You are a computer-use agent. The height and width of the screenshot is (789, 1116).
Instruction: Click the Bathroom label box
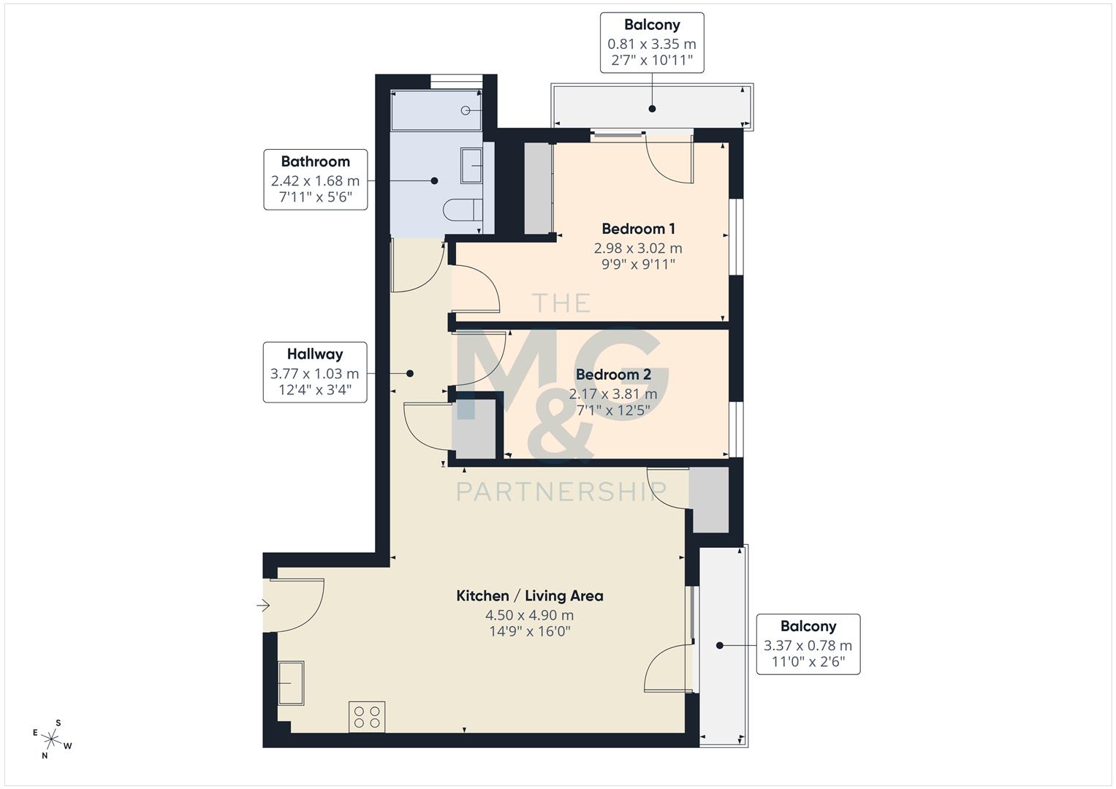tap(315, 180)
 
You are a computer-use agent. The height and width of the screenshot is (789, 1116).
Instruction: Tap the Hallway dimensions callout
tap(314, 373)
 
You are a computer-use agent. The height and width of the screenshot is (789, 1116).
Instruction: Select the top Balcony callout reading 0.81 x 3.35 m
tap(652, 42)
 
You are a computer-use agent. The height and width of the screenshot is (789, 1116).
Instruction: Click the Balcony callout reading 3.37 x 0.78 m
tap(808, 644)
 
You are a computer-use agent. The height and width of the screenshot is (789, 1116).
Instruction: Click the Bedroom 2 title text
tap(612, 375)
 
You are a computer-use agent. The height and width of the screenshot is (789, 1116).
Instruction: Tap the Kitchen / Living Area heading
tap(529, 595)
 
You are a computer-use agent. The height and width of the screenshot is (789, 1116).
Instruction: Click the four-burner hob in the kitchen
tap(367, 716)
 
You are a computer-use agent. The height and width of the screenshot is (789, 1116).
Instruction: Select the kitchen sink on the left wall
tap(291, 683)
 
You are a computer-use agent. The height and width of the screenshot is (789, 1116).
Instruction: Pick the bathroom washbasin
tap(471, 166)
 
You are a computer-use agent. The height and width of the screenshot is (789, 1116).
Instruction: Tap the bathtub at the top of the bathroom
tap(436, 110)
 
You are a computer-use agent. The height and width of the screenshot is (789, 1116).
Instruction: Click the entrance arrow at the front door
tap(263, 605)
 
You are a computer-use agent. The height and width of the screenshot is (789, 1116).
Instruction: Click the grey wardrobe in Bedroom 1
tap(539, 188)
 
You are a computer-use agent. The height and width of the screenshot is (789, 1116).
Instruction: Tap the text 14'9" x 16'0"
tap(529, 631)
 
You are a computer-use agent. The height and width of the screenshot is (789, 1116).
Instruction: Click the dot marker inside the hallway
tap(410, 373)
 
